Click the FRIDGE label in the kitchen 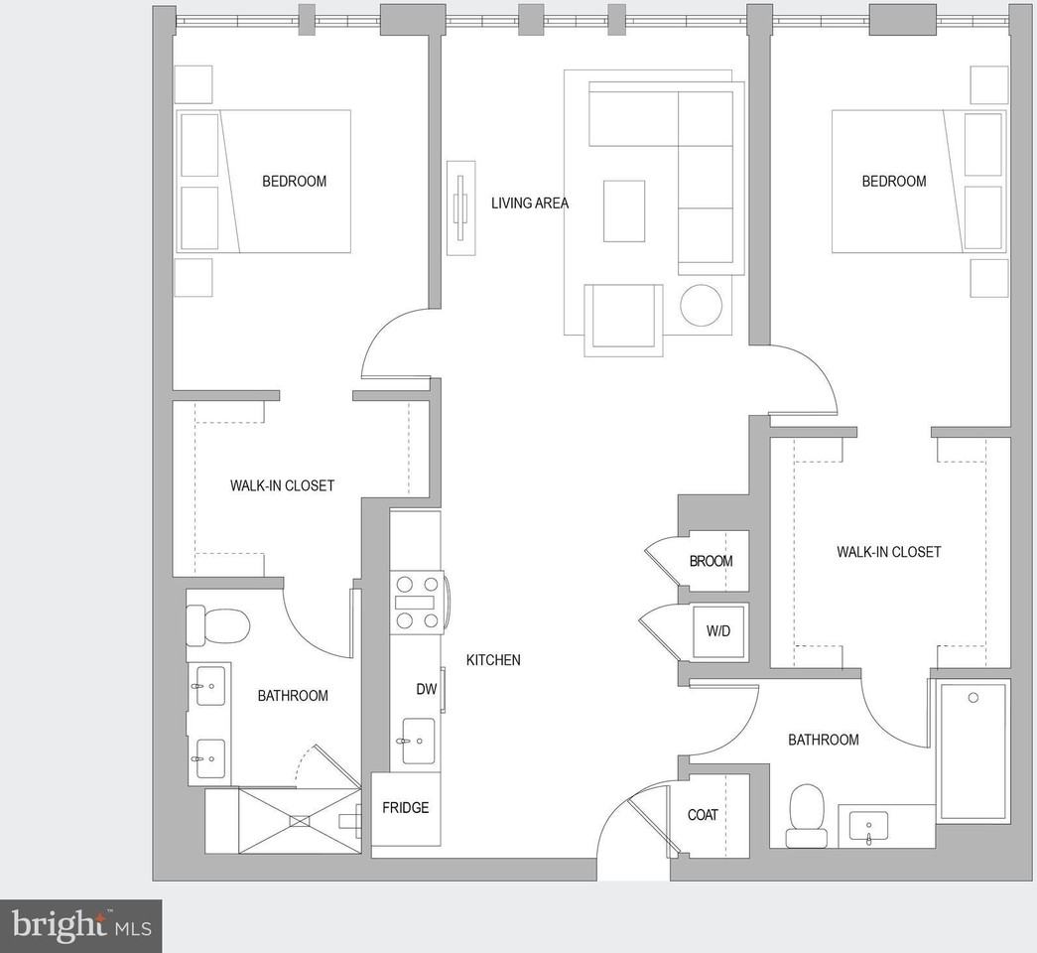pos(406,808)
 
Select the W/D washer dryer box pos(719,631)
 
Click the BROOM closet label pos(711,561)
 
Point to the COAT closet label pos(703,815)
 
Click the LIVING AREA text pos(530,204)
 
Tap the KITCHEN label pos(493,660)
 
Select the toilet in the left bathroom pos(217,626)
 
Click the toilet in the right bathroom pos(805,815)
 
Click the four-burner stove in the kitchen pos(417,602)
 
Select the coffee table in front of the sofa pos(624,210)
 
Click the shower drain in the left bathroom pos(300,820)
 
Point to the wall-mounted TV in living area pos(460,207)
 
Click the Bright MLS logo pos(80,926)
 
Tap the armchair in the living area pos(623,318)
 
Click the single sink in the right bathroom pos(869,826)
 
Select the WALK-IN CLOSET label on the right pos(888,552)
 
